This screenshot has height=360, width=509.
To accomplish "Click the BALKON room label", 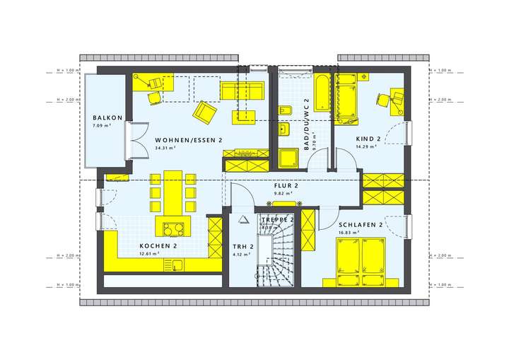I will click(x=107, y=118).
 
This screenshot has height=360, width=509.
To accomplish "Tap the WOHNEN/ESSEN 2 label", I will click(x=189, y=141).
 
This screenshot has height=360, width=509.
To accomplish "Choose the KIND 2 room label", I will click(x=368, y=139).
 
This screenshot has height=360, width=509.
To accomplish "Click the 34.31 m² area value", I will click(x=165, y=149).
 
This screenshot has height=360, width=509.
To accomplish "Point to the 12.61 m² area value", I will click(x=149, y=253).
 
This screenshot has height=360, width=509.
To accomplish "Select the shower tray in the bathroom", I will click(x=289, y=158).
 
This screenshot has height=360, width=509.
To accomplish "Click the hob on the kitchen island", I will click(x=172, y=228).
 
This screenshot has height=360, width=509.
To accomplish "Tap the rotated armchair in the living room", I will click(x=206, y=112).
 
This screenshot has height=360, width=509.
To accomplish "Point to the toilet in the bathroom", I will click(x=286, y=112).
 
